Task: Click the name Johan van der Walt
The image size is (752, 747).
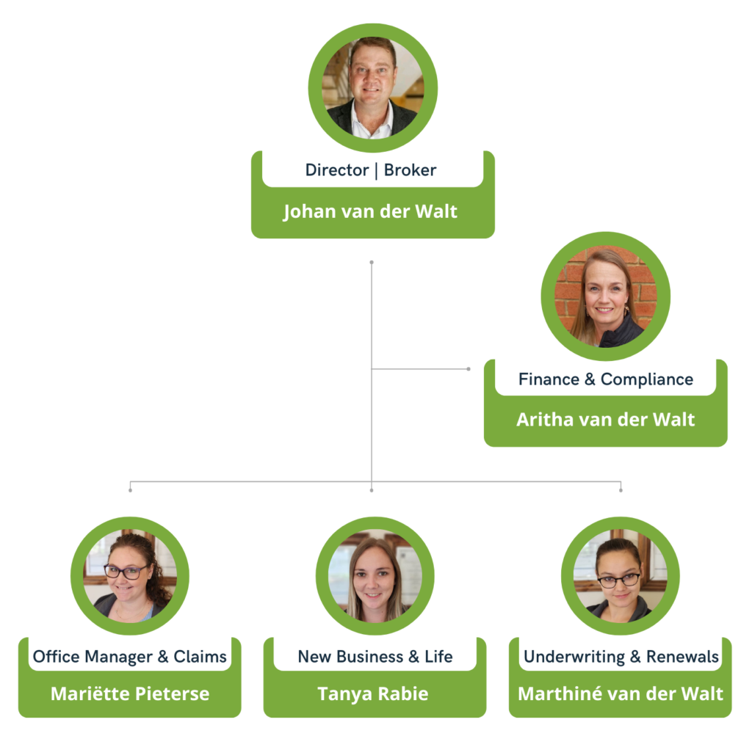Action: point(370,212)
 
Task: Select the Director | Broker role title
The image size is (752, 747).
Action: point(371,170)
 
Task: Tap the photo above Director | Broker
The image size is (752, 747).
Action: point(372,88)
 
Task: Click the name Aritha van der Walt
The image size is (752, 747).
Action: point(605,420)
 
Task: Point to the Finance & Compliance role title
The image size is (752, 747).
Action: point(606,379)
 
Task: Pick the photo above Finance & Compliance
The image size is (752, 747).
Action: point(606,296)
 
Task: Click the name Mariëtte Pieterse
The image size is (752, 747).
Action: point(130,693)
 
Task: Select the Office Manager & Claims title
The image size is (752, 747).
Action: point(130,657)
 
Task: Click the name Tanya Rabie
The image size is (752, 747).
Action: point(373,693)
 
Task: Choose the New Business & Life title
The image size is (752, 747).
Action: point(375,657)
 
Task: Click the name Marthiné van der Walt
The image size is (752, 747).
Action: point(621,693)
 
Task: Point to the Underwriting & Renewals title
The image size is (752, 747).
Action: point(621,657)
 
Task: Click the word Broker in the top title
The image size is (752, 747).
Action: point(410,170)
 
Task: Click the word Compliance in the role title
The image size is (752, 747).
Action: point(647,379)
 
